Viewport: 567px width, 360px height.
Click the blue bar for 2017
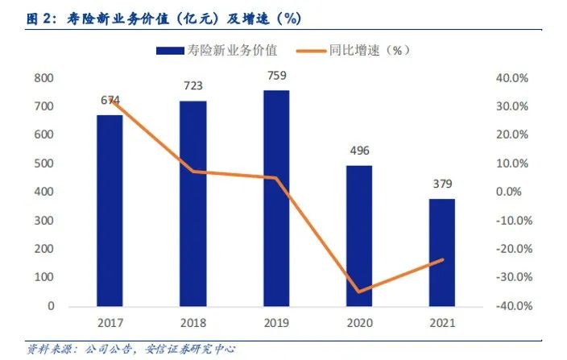[110, 211]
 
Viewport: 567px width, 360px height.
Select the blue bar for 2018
[193, 204]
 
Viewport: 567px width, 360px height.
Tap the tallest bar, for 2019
[276, 198]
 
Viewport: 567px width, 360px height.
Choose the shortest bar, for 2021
[442, 252]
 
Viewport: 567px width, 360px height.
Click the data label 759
[276, 77]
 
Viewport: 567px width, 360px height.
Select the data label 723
[193, 85]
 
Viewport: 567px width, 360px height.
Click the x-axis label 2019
[276, 323]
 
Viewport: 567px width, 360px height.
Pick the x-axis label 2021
[442, 323]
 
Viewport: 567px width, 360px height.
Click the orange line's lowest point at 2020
[359, 292]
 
